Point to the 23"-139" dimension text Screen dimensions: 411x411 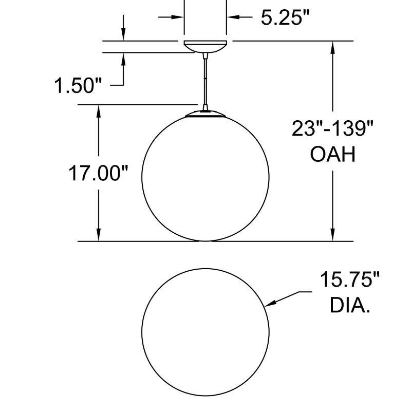coord(332,128)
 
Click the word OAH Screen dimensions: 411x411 coord(333,154)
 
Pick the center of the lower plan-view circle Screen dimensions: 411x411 coord(206,332)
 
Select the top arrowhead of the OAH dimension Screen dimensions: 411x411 coord(333,47)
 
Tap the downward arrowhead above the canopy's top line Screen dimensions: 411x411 coord(123,34)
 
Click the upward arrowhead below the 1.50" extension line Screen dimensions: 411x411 coord(123,59)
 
